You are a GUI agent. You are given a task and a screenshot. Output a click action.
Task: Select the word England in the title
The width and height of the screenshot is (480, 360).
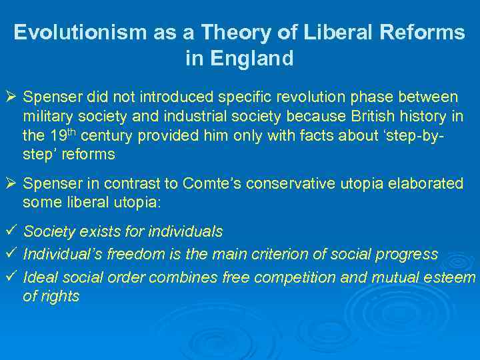[258, 59]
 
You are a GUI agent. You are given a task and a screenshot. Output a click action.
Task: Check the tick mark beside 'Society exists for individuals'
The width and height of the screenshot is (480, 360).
[9, 232]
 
